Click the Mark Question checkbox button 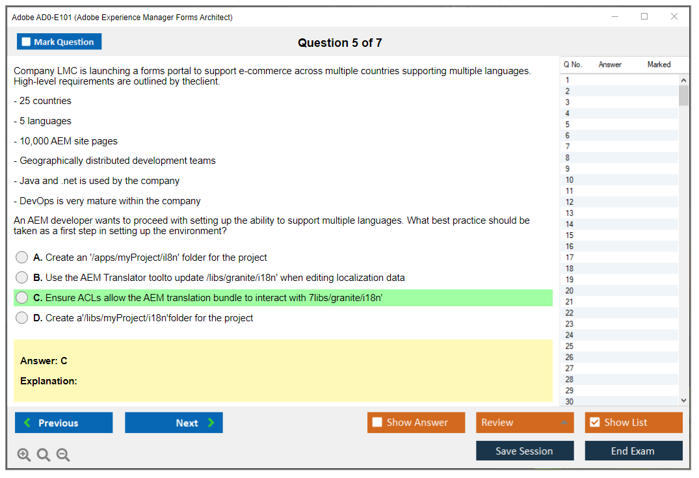59,42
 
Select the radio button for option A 21,258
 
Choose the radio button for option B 21,277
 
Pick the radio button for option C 21,297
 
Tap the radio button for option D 21,317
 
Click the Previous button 64,423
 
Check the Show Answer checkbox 377,422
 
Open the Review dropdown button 525,422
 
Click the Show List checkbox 595,422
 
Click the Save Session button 525,451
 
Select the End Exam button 633,451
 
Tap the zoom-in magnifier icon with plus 24,455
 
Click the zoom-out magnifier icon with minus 63,455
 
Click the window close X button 674,16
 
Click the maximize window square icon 644,16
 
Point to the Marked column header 659,64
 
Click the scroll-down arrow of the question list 683,401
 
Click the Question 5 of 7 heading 339,43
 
